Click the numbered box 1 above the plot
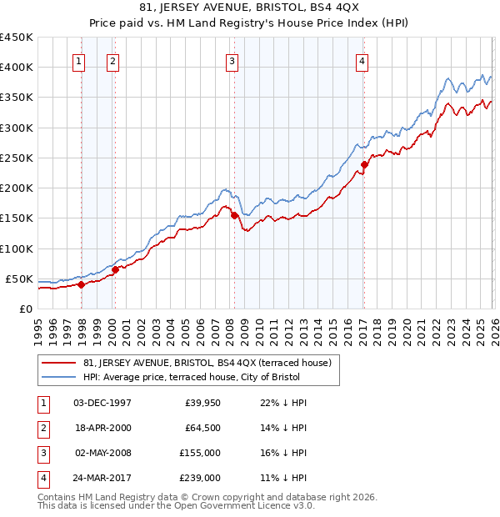point(78,60)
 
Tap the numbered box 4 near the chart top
point(362,60)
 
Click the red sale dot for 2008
point(234,215)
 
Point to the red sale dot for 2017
point(364,164)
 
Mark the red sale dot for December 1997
point(82,284)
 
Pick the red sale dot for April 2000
point(115,269)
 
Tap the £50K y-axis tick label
point(19,279)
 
